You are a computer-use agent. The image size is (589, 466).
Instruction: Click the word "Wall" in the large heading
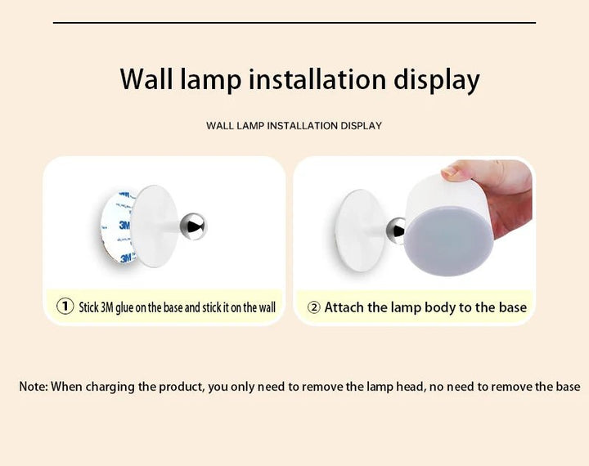coord(146,79)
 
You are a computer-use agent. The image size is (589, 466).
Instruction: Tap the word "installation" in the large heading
coord(317,79)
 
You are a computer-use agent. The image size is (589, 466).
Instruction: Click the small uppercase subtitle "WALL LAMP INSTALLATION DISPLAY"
coord(294,125)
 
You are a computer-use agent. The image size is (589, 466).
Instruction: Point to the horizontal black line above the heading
coord(294,23)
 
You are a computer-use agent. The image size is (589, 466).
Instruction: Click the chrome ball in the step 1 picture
coord(193,226)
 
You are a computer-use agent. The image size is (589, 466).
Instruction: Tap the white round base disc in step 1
coord(155,226)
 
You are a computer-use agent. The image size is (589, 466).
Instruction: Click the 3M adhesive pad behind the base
coord(117,226)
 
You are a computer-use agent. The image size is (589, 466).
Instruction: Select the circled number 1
coord(65,307)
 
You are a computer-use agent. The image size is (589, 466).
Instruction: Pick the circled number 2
coord(313,307)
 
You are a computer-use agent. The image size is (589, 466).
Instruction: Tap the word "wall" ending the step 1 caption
coord(267,307)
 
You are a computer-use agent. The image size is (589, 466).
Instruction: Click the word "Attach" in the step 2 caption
coord(344,307)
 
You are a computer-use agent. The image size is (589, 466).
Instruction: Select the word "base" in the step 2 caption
coord(513,307)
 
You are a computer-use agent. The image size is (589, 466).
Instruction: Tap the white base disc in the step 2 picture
coord(360,231)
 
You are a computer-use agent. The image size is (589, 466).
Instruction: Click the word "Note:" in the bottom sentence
coord(34,386)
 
